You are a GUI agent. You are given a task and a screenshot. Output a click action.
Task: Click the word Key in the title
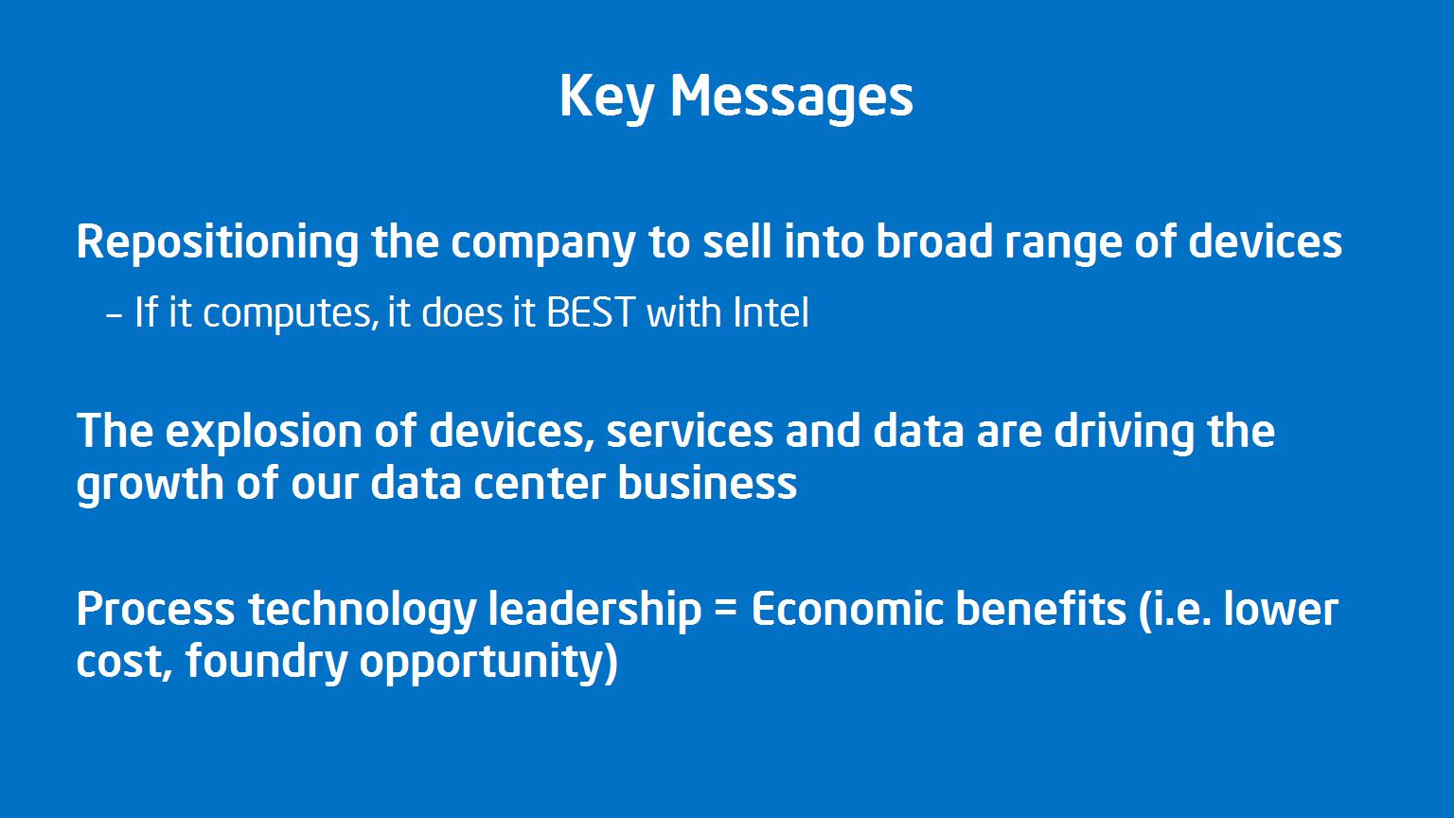(607, 98)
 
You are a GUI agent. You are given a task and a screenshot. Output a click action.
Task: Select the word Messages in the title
(792, 98)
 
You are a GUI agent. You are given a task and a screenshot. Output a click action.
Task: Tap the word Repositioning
(218, 243)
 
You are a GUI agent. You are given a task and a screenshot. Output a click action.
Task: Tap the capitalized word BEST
(590, 312)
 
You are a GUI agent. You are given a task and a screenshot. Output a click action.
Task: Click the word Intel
(771, 312)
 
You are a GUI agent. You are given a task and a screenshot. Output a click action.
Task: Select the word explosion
(263, 433)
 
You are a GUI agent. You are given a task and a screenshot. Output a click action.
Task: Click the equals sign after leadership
(726, 612)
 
